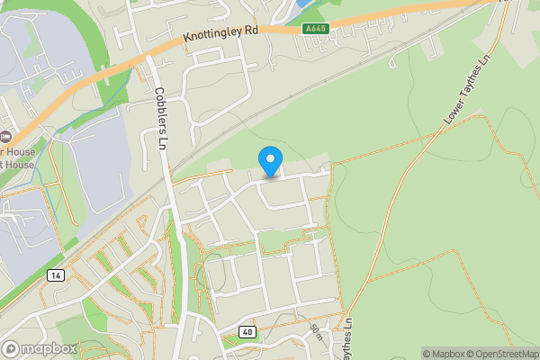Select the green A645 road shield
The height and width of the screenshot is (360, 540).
[316, 29]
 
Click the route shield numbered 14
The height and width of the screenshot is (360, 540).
[56, 274]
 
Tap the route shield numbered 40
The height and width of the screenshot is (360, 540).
[247, 332]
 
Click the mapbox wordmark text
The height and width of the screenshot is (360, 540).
[49, 348]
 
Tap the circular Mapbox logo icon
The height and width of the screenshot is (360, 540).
[12, 348]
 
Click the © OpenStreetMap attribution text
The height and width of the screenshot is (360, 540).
[505, 354]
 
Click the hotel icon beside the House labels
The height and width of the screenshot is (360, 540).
[4, 136]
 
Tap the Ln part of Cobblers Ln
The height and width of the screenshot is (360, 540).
[163, 139]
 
